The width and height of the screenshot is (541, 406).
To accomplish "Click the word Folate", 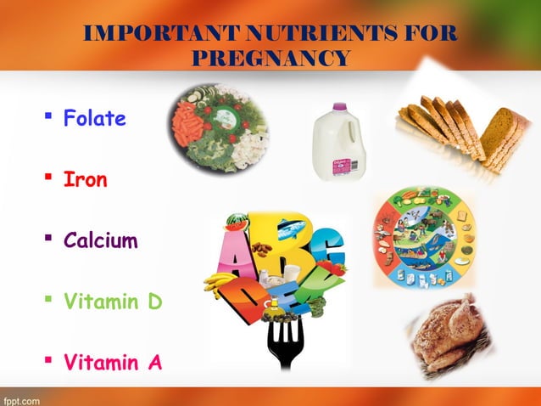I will (x=95, y=118).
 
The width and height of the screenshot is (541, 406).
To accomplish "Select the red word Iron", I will (x=85, y=180).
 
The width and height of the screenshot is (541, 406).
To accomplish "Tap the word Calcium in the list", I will (x=100, y=241).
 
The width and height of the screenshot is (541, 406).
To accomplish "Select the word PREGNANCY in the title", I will (x=270, y=59).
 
